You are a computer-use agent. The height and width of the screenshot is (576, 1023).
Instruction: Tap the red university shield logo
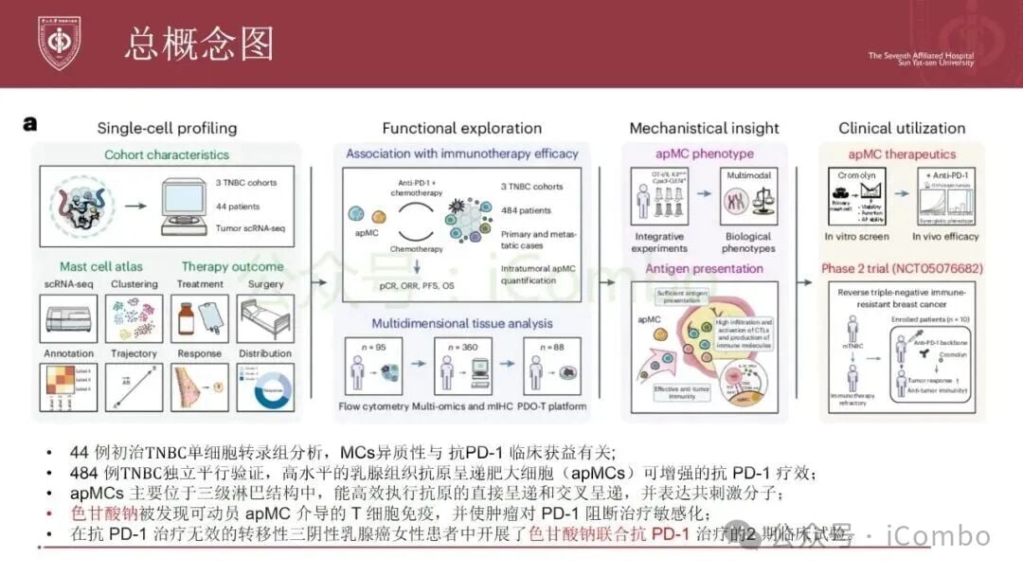pyautogui.click(x=59, y=43)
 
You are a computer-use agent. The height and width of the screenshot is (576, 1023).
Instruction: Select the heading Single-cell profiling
pyautogui.click(x=167, y=128)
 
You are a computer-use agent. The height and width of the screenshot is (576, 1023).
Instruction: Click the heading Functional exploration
pyautogui.click(x=462, y=128)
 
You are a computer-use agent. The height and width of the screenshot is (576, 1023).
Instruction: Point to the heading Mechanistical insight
pyautogui.click(x=704, y=128)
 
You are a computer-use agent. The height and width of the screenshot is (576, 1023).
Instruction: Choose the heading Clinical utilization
pyautogui.click(x=902, y=128)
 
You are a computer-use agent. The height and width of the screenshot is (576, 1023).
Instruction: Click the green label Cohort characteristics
pyautogui.click(x=167, y=154)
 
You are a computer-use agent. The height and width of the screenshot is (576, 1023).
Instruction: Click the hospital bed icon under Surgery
pyautogui.click(x=260, y=318)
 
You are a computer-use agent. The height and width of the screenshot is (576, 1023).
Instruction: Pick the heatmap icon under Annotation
pyautogui.click(x=68, y=388)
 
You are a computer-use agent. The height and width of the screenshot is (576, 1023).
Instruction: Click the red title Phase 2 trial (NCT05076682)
pyautogui.click(x=901, y=268)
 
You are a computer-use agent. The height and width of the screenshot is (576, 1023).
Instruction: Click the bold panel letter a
pyautogui.click(x=30, y=123)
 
